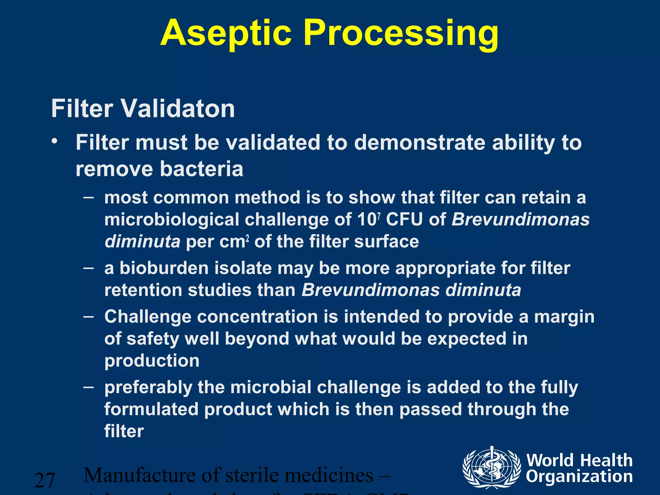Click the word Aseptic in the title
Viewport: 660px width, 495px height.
226,34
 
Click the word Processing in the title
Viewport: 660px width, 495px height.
401,34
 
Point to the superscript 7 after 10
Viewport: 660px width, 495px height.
379,216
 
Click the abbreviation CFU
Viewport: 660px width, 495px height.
404,220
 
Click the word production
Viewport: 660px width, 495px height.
152,361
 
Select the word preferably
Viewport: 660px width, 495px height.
148,387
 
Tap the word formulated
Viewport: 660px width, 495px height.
151,409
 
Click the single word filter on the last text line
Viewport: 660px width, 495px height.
124,431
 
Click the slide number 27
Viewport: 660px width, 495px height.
44,480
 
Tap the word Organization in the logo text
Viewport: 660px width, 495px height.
579,477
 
